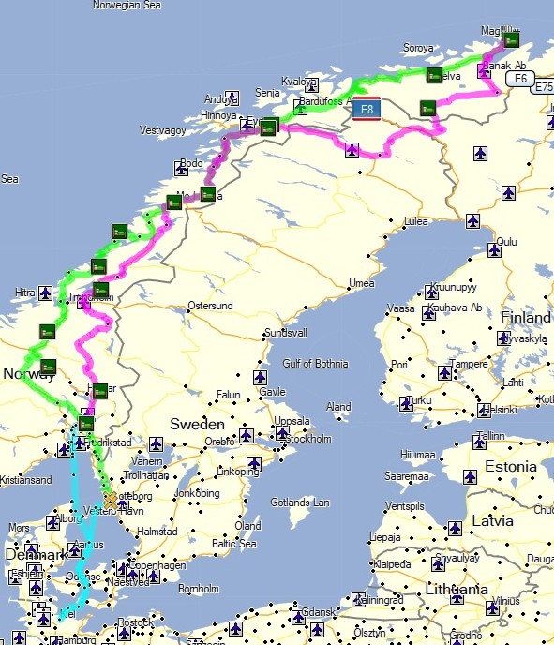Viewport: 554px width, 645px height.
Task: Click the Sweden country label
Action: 197,425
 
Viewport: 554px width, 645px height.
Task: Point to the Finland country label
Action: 526,317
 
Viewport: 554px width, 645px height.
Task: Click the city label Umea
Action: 361,283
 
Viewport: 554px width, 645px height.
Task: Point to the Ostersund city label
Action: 210,306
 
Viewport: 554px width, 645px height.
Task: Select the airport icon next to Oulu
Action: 495,250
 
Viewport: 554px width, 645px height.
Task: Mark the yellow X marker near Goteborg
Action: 111,500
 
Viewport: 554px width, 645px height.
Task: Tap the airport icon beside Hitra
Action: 44,294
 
